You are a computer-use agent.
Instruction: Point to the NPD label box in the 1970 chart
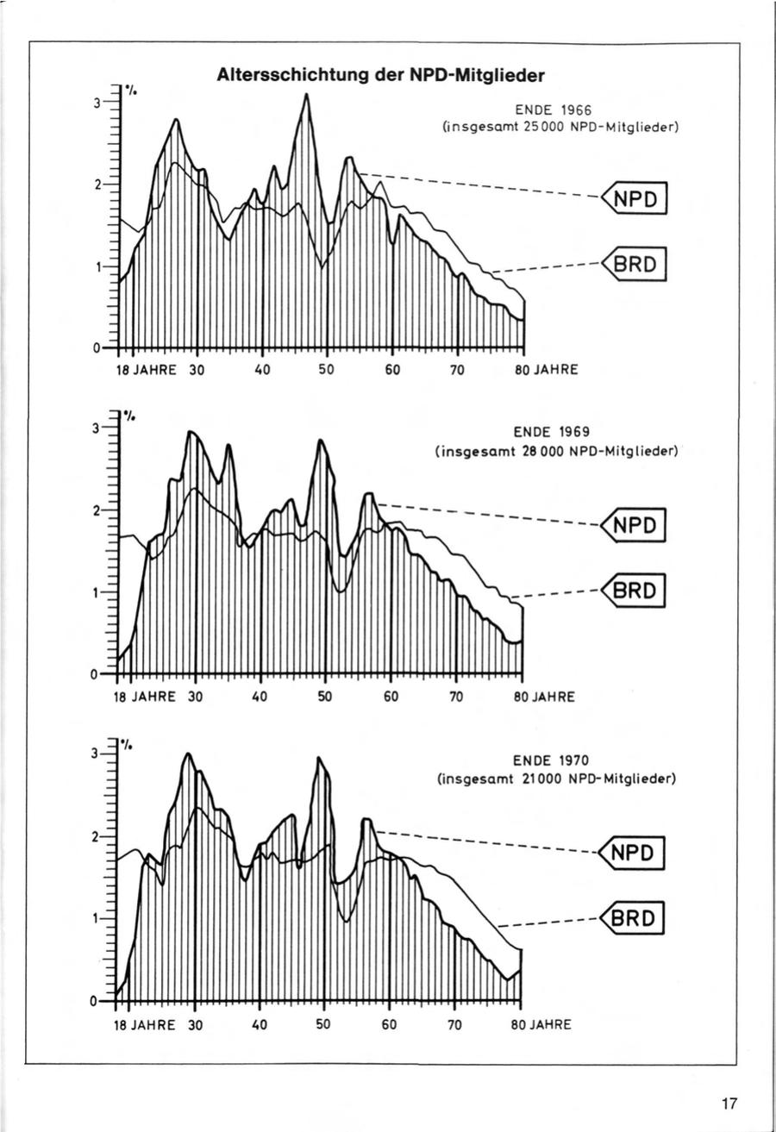[636, 853]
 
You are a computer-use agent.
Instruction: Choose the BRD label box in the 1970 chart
[636, 917]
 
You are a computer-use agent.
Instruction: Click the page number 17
[729, 1103]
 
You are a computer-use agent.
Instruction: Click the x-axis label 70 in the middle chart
[456, 696]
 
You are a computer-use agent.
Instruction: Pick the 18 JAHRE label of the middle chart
[145, 696]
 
